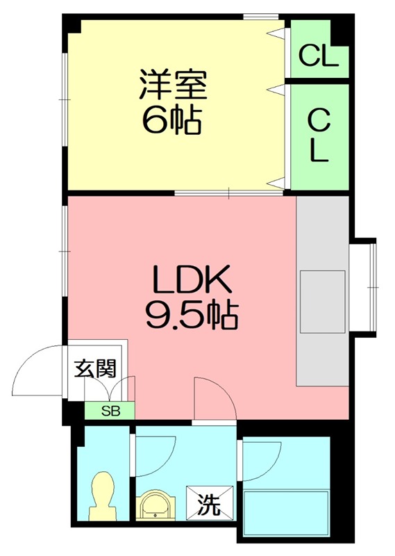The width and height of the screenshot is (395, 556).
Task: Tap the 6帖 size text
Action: pos(172,122)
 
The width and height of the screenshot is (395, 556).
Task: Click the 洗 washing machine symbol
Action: pos(206,503)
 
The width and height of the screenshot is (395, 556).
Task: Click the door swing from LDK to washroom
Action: pos(216,400)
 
